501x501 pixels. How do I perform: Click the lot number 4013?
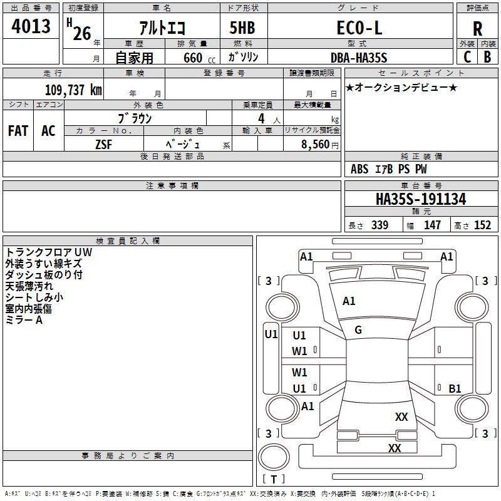(x=31, y=27)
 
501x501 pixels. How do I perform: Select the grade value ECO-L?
(x=359, y=28)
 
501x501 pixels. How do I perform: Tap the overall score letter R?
(x=477, y=29)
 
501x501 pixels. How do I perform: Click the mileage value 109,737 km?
(x=73, y=89)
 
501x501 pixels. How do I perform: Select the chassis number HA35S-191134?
(x=421, y=199)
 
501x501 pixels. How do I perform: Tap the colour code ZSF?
(x=103, y=143)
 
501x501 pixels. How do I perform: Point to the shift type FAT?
(x=18, y=130)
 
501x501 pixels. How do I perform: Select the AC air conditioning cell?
(x=48, y=130)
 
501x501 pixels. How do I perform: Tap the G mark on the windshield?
(x=358, y=330)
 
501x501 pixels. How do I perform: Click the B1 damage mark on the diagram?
(x=455, y=389)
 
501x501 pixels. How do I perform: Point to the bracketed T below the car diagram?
(x=274, y=479)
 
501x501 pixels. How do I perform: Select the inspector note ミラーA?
(x=24, y=320)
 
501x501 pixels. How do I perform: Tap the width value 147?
(x=432, y=225)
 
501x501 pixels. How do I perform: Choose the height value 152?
(x=482, y=225)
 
